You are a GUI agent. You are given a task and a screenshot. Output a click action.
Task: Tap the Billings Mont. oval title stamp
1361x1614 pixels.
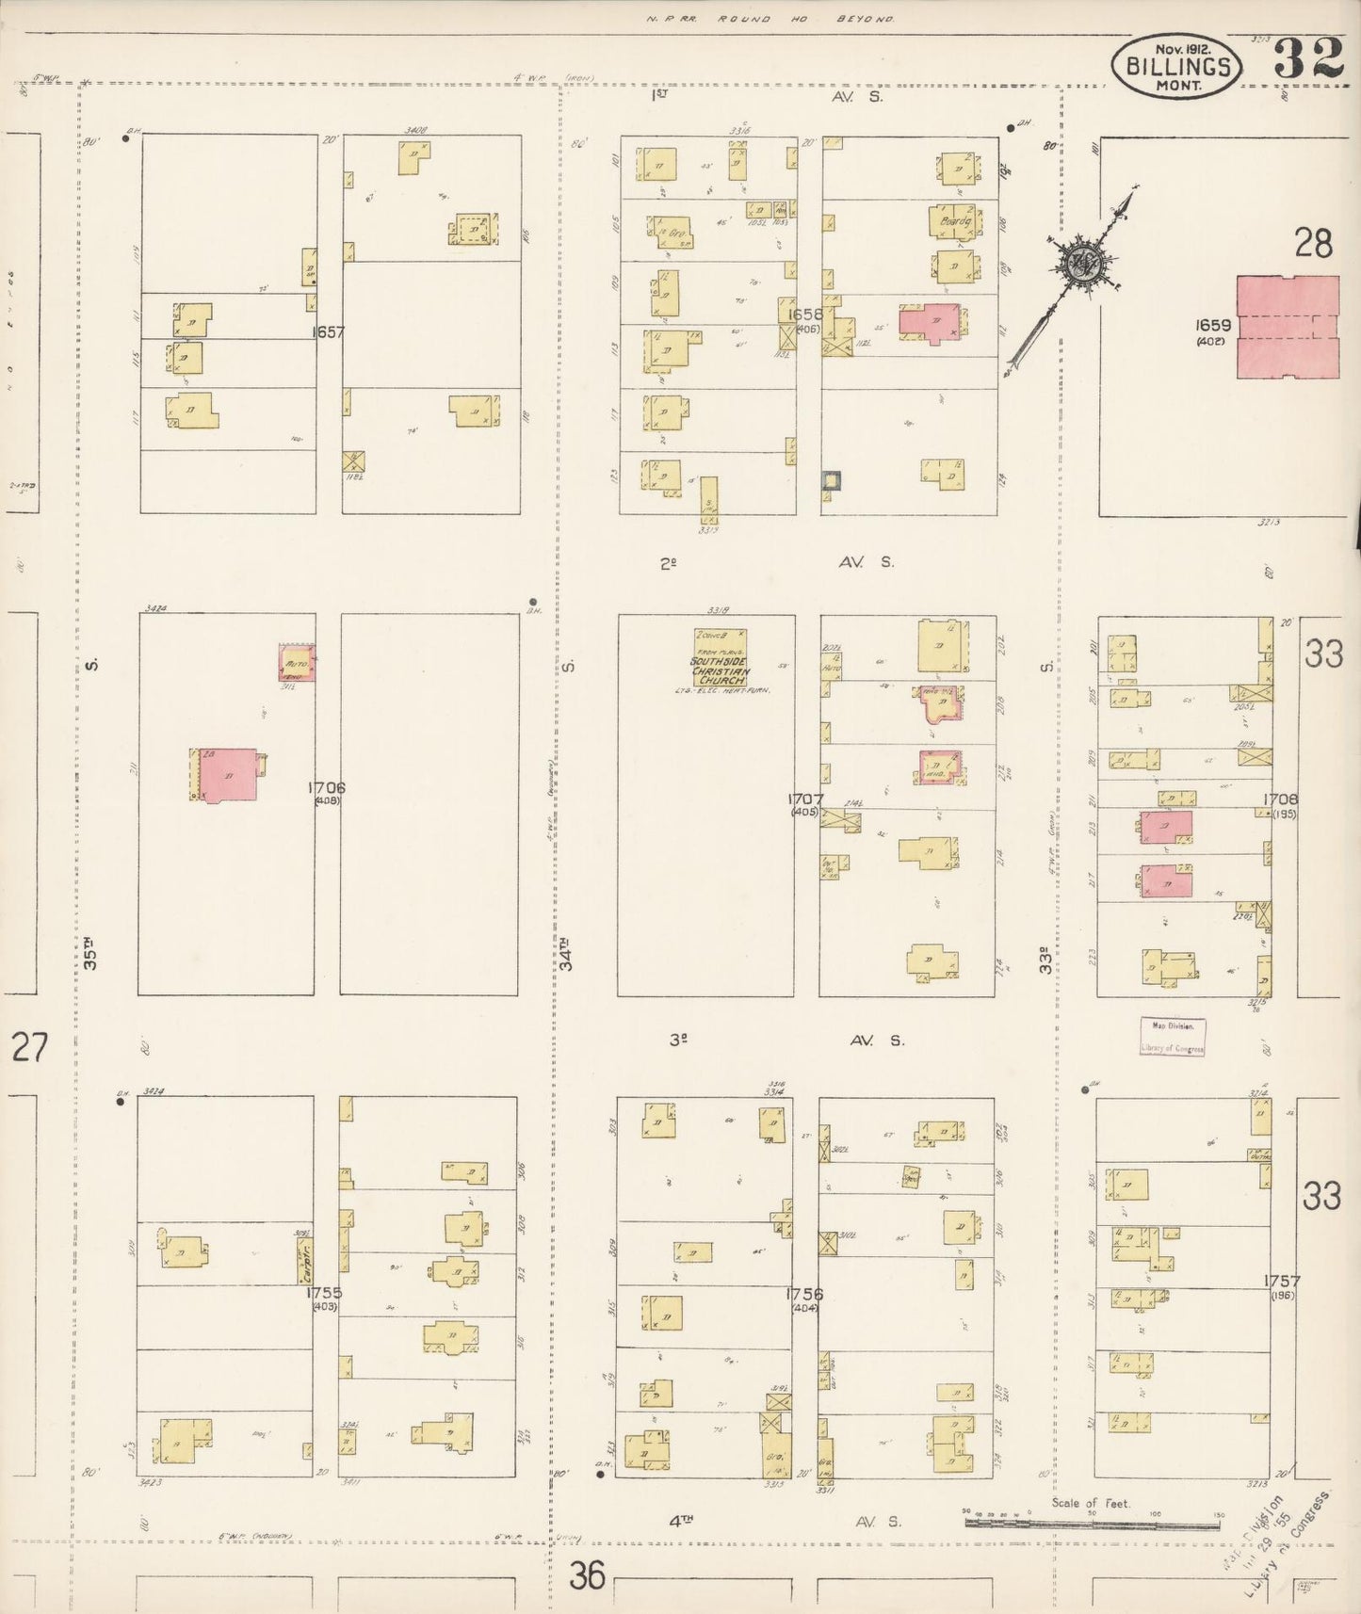pyautogui.click(x=1176, y=66)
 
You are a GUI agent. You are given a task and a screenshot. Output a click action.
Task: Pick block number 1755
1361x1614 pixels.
pyautogui.click(x=323, y=1293)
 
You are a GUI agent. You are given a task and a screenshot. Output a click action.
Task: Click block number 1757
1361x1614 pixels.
pyautogui.click(x=1282, y=1281)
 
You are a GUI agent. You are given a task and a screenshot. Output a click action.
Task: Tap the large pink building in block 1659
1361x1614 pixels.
pyautogui.click(x=1288, y=327)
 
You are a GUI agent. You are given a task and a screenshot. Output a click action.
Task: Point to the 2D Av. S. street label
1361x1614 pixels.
pyautogui.click(x=772, y=563)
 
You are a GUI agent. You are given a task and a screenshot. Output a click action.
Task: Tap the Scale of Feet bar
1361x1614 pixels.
pyautogui.click(x=1093, y=1516)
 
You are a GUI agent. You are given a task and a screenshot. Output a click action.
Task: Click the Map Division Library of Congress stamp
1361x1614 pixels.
pyautogui.click(x=1172, y=1036)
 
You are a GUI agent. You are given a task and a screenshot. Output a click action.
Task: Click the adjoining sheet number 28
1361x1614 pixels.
pyautogui.click(x=1313, y=245)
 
